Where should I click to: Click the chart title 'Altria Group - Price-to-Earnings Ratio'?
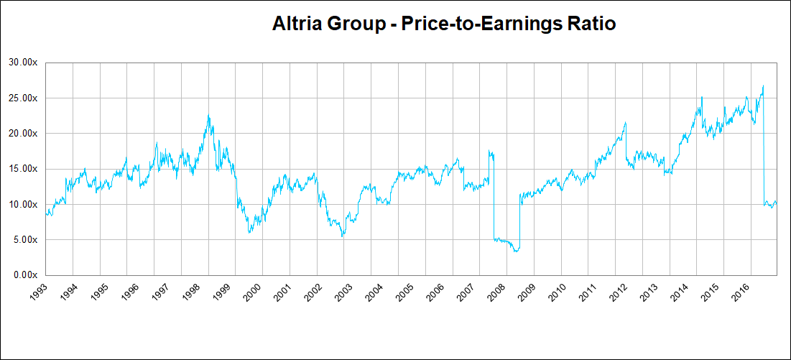444,24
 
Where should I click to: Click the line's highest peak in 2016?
763,86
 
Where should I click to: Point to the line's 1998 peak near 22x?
208,115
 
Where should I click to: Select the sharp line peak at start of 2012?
626,122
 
